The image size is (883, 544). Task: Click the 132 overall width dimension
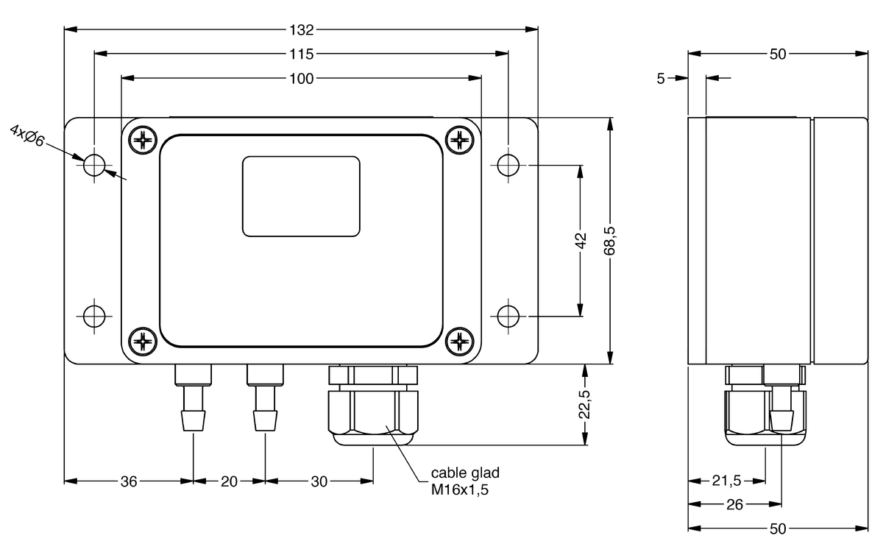click(302, 30)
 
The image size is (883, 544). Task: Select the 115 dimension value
click(302, 54)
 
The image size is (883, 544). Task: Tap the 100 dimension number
click(302, 78)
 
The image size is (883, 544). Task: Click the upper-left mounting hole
click(94, 165)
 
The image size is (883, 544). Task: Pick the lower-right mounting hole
click(508, 317)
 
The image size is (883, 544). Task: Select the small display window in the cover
click(301, 197)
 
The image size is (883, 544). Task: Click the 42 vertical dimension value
click(581, 241)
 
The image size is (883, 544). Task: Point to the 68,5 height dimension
click(609, 241)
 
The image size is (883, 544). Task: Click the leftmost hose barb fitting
click(193, 401)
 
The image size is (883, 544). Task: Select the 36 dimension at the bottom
click(129, 481)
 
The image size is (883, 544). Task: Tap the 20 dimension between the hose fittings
click(229, 481)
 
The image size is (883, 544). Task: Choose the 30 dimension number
click(319, 481)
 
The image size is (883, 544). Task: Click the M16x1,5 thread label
click(460, 487)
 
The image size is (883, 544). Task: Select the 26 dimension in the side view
click(734, 504)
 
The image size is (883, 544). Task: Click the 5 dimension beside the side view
click(661, 77)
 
